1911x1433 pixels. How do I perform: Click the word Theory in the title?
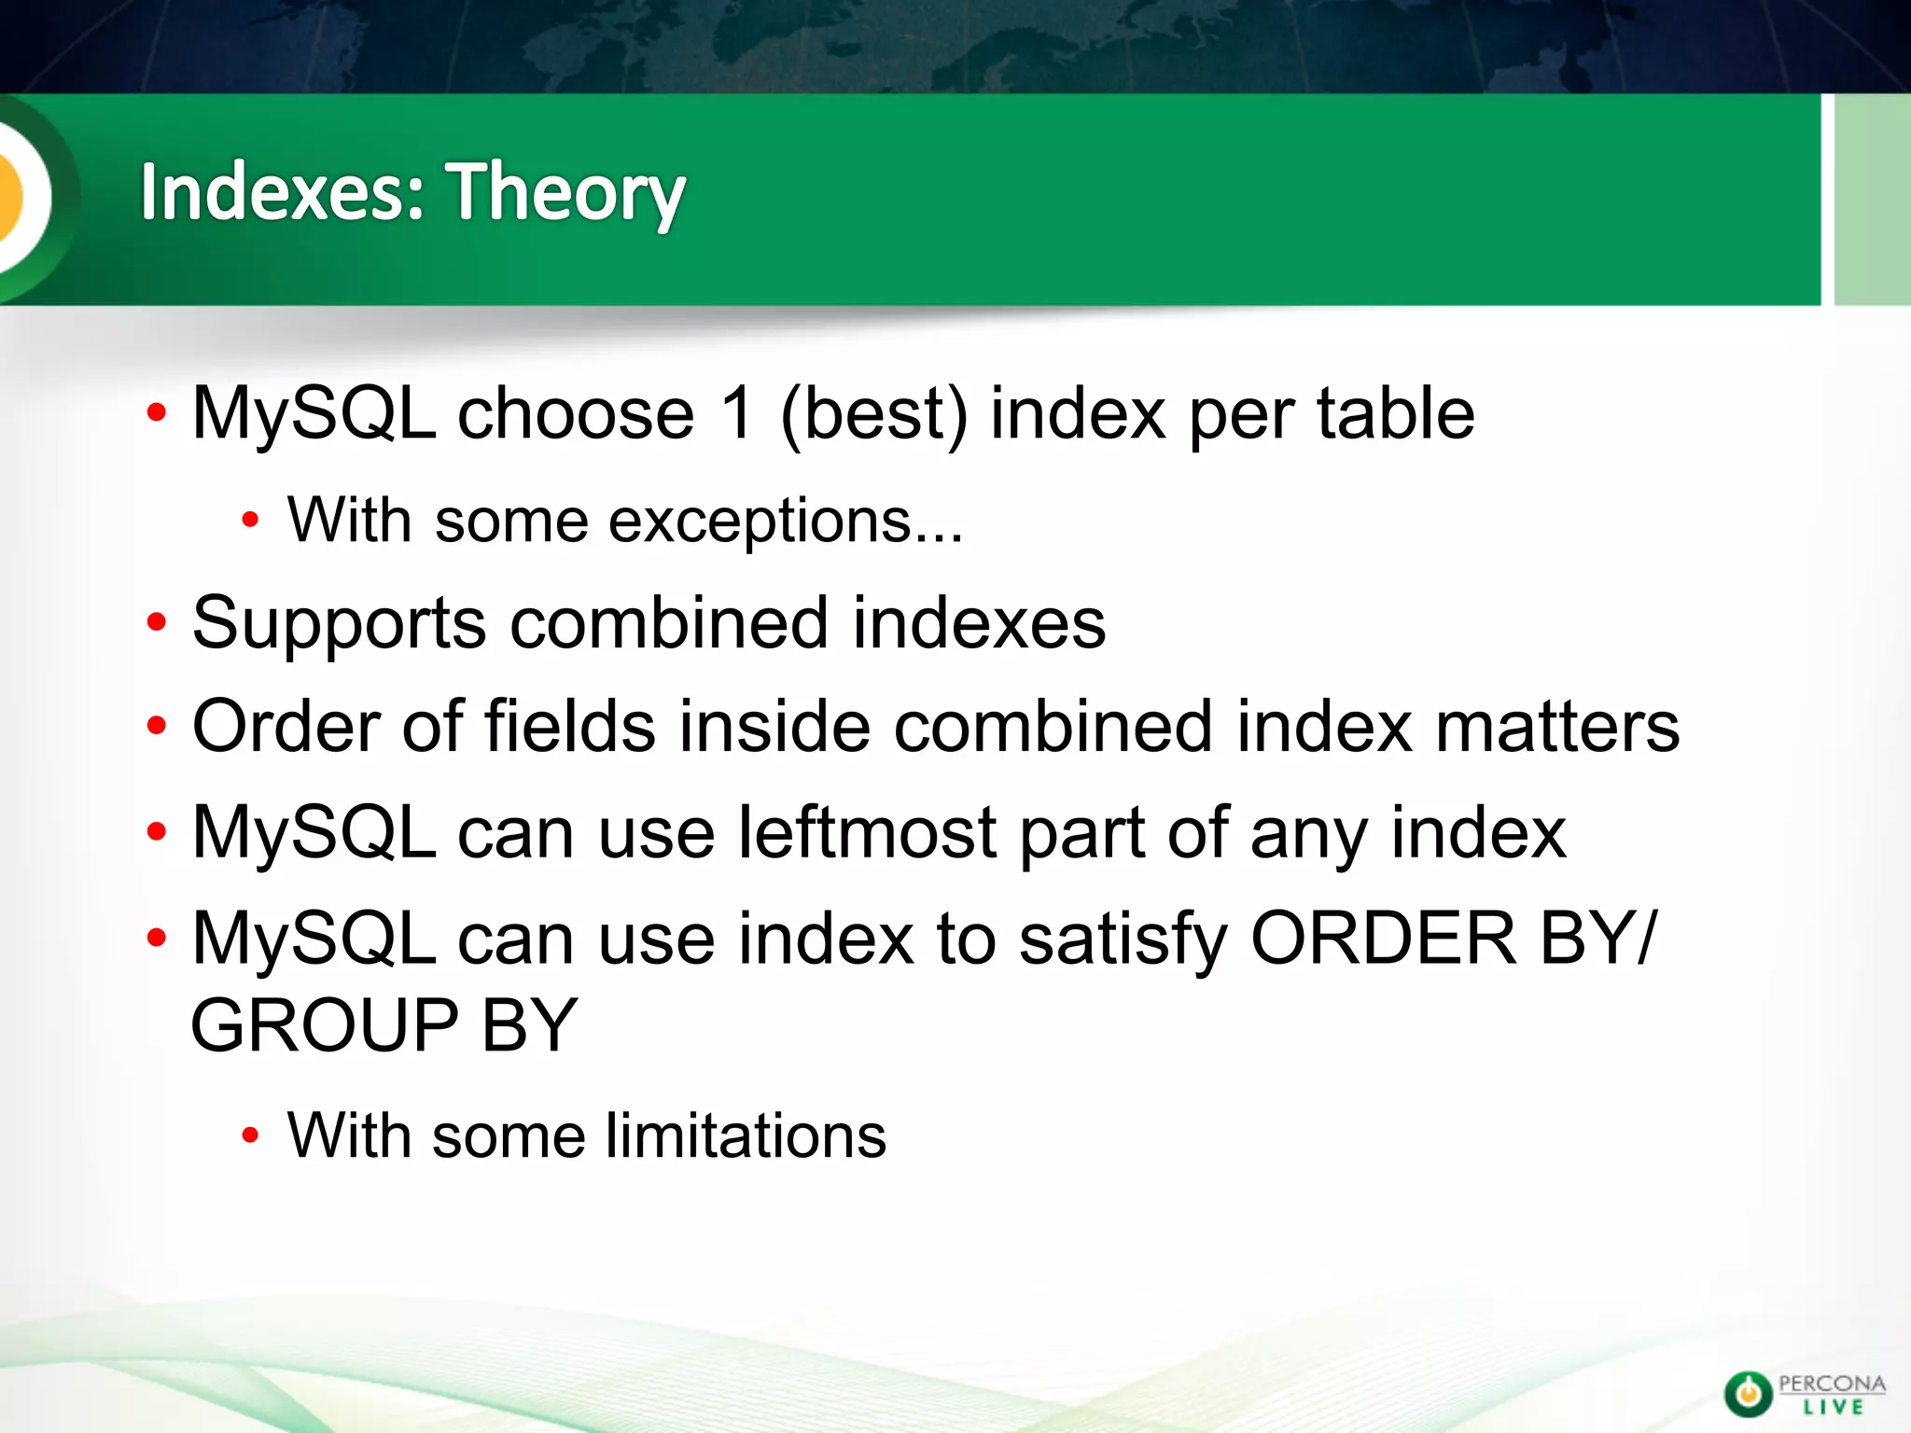(x=565, y=193)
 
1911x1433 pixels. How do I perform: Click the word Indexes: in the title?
(x=283, y=191)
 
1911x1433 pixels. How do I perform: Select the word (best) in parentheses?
(x=874, y=414)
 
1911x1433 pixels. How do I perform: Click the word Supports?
(x=339, y=623)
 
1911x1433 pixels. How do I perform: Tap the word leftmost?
(x=868, y=832)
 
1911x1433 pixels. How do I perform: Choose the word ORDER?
(x=1384, y=938)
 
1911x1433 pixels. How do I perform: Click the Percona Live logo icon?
(x=1747, y=1393)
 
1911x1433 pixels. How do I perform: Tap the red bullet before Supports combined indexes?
(x=157, y=623)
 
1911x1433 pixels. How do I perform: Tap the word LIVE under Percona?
(x=1833, y=1406)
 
